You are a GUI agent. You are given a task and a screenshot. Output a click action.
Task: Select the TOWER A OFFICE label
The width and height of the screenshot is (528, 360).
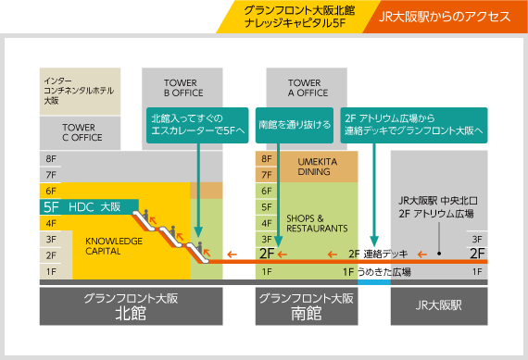pos(308,87)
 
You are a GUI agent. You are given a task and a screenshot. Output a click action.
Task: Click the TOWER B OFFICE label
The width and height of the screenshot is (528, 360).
pos(183,87)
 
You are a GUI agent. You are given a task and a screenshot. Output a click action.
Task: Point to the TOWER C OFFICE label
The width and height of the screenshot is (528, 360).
pos(82,131)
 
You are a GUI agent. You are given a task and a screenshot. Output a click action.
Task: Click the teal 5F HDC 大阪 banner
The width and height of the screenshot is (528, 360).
pos(88,207)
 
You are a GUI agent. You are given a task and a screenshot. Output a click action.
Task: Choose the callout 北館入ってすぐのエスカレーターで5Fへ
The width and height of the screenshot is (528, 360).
pos(197,124)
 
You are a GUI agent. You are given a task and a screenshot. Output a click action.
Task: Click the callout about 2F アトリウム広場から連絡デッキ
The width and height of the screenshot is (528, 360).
pos(414,124)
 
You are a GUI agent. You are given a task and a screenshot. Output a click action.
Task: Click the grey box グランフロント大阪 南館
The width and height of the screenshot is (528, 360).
pos(308,306)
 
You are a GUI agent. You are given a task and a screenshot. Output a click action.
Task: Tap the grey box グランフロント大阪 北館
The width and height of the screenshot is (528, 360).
pos(131,306)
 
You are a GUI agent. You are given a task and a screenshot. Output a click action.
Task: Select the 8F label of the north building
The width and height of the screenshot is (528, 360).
pos(51,159)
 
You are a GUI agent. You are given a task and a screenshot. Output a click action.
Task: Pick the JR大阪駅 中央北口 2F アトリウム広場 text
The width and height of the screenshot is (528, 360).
pos(435,206)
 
